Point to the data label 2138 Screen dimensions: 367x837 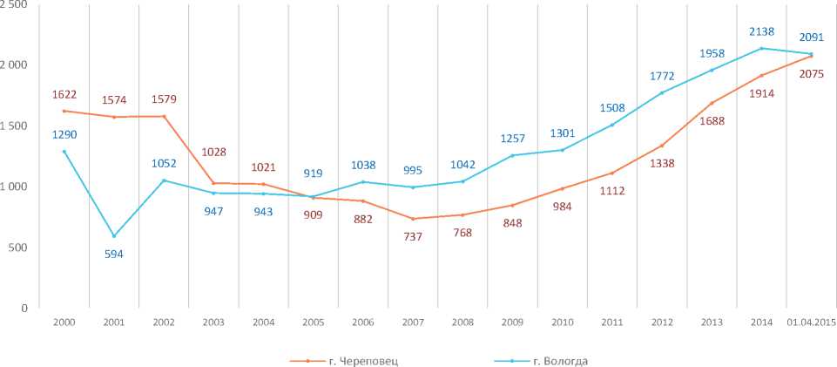click(x=762, y=31)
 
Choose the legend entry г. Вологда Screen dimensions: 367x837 click(x=563, y=359)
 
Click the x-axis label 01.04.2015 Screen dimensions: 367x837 click(x=811, y=322)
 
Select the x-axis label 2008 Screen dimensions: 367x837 click(x=462, y=322)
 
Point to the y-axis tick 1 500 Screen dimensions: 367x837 click(x=14, y=126)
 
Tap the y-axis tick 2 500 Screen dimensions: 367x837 click(x=14, y=5)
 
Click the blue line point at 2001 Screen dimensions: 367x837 click(x=114, y=235)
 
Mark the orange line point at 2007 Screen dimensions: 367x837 click(x=413, y=219)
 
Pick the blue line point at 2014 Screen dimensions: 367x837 click(x=762, y=48)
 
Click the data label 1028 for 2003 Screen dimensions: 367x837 click(x=213, y=153)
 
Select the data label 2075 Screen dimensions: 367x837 click(x=811, y=74)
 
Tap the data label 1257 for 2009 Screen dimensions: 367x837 click(x=512, y=139)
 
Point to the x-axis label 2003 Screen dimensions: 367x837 click(x=213, y=322)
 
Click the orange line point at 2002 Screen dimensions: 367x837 click(x=164, y=116)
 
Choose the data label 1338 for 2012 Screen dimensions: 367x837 click(x=662, y=163)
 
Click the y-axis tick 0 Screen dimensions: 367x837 click(x=24, y=308)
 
